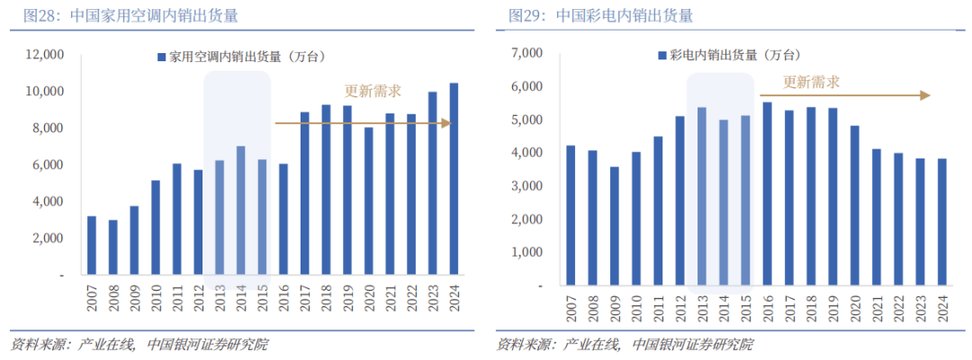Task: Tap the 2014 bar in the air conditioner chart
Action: pyautogui.click(x=240, y=210)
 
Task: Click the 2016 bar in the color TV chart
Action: pyautogui.click(x=767, y=193)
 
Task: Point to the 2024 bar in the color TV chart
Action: pyautogui.click(x=941, y=221)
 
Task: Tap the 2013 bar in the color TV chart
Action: pyautogui.click(x=701, y=196)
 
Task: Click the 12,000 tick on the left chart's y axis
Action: pyautogui.click(x=44, y=55)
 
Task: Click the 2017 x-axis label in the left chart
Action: pyautogui.click(x=305, y=296)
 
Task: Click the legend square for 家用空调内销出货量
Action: pyautogui.click(x=162, y=57)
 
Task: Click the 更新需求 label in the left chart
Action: pyautogui.click(x=373, y=91)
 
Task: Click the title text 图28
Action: pyautogui.click(x=27, y=15)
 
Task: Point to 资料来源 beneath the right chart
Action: pyautogui.click(x=520, y=344)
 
